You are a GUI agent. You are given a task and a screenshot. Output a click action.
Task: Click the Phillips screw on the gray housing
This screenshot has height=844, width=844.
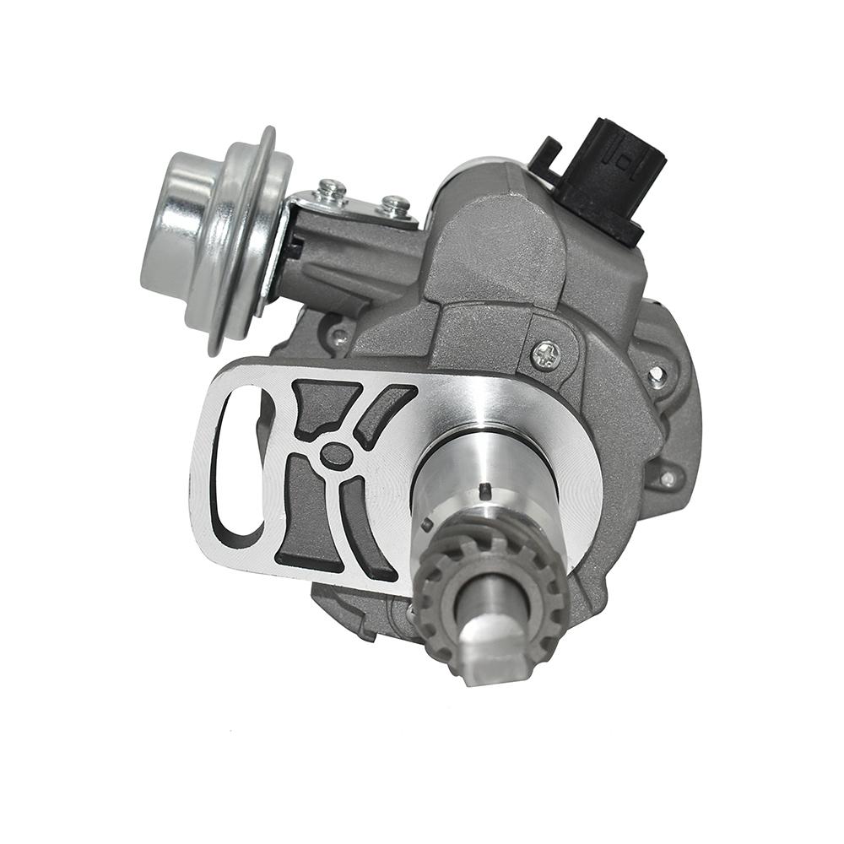[546, 354]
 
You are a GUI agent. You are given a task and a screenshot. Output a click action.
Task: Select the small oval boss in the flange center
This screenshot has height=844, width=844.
[337, 455]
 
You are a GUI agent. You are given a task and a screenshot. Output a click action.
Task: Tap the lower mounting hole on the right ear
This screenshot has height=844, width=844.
[666, 479]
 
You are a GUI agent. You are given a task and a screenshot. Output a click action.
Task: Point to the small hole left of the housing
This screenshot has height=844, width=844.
[339, 337]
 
